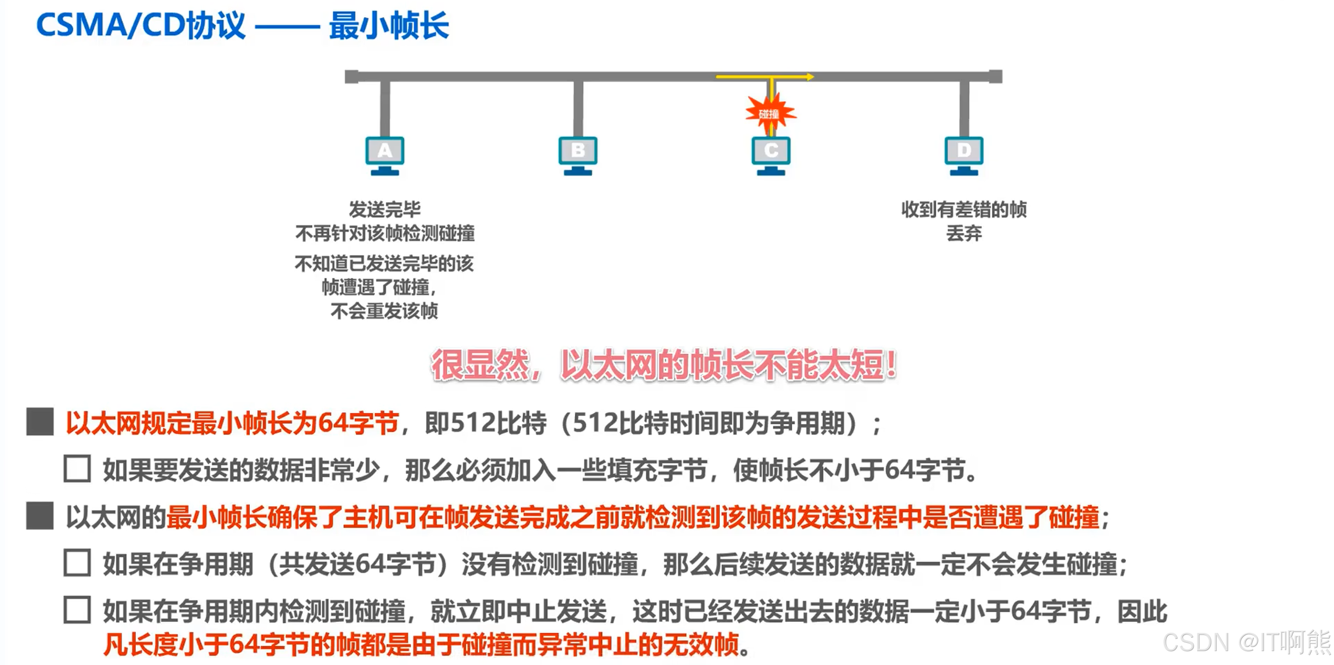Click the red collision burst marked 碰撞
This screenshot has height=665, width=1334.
click(770, 114)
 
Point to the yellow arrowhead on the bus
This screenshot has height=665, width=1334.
click(809, 77)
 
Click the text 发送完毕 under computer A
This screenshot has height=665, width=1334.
click(385, 209)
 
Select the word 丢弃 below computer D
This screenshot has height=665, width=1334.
click(964, 233)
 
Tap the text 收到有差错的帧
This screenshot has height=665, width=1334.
click(964, 209)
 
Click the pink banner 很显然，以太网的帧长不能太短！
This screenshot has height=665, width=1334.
click(664, 365)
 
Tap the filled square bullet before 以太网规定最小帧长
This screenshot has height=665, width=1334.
click(40, 422)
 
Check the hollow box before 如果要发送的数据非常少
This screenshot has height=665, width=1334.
click(77, 469)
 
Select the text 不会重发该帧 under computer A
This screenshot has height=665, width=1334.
click(384, 311)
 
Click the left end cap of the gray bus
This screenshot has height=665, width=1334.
click(352, 77)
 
